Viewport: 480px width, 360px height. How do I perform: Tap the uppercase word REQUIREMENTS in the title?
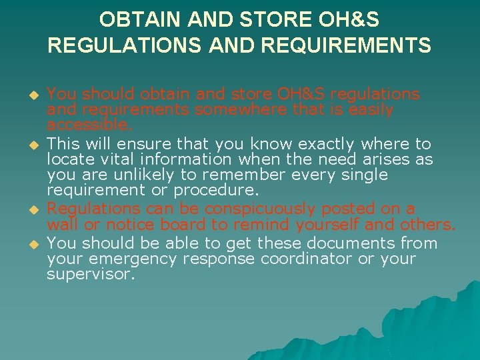347,45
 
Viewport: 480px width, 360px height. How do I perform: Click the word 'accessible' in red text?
88,125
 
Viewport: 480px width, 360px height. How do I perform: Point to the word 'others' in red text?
427,224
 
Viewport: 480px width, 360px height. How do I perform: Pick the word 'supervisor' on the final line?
89,274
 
